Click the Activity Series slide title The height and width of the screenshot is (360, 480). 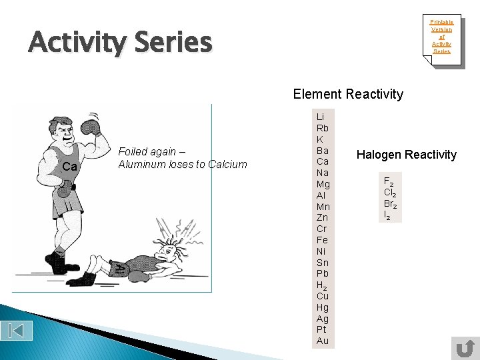(x=120, y=43)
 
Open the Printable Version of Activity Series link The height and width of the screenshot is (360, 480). (x=441, y=37)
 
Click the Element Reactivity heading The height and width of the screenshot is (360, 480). (x=348, y=94)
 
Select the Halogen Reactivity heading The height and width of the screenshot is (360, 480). (x=407, y=155)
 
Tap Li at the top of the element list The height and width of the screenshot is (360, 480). (x=321, y=117)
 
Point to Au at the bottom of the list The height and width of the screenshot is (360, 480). (x=323, y=341)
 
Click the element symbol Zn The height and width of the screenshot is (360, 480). (x=323, y=217)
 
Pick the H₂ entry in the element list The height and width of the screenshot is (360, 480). (x=323, y=285)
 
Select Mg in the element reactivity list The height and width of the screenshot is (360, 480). (x=323, y=184)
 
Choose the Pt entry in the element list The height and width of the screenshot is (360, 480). (x=322, y=329)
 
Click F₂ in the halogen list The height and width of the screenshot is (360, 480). (x=388, y=181)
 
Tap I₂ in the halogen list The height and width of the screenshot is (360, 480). (x=387, y=215)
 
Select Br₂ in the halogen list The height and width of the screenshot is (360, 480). (x=390, y=203)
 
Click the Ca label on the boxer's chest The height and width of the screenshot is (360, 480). (x=70, y=166)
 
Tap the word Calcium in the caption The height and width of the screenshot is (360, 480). (x=227, y=164)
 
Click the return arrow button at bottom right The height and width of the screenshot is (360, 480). (x=464, y=347)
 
